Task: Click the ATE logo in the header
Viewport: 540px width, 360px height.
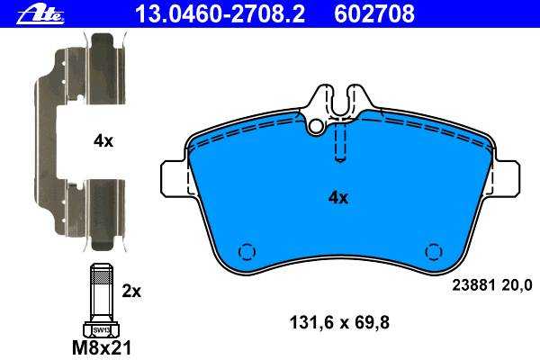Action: (40, 14)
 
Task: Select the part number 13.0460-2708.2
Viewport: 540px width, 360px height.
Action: (220, 13)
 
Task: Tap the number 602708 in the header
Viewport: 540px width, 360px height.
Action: (374, 13)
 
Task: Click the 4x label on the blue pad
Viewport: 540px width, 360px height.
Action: (338, 197)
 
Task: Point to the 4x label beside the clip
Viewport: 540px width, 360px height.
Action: (103, 141)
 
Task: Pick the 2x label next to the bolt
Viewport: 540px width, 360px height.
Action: (131, 292)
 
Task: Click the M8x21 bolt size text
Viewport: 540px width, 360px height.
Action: (102, 347)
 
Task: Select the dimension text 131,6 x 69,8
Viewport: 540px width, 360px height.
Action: (339, 322)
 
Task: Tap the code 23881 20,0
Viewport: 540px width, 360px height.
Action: (492, 285)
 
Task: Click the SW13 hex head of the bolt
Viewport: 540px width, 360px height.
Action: (101, 329)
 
